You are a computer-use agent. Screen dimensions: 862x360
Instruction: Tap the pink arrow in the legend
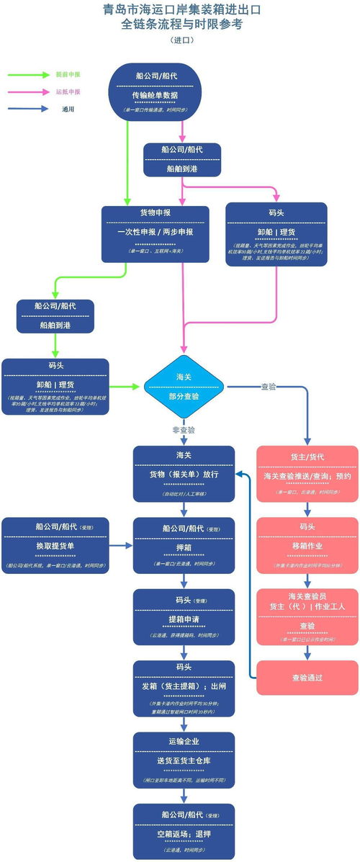click(x=26, y=92)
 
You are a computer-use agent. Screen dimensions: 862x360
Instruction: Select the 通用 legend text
click(x=68, y=109)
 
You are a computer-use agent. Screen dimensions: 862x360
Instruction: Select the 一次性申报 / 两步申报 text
click(x=155, y=233)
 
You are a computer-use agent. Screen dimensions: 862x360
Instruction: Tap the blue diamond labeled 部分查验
click(x=184, y=387)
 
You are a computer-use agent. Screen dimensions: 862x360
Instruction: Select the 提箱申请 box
click(x=184, y=619)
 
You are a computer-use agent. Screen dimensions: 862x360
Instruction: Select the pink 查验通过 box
click(x=307, y=678)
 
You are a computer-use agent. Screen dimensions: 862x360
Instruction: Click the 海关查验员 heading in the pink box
click(x=307, y=596)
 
